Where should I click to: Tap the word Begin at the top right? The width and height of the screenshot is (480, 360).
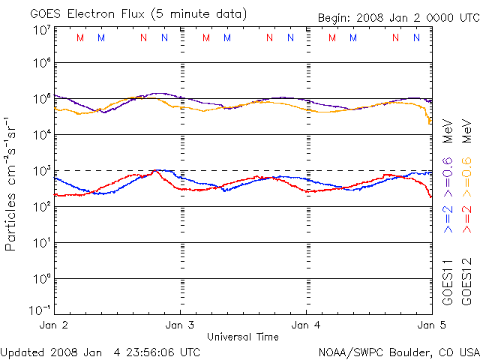tap(335, 17)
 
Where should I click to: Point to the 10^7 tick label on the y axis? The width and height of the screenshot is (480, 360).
tap(41, 30)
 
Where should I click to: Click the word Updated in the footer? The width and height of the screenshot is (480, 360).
tap(24, 351)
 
